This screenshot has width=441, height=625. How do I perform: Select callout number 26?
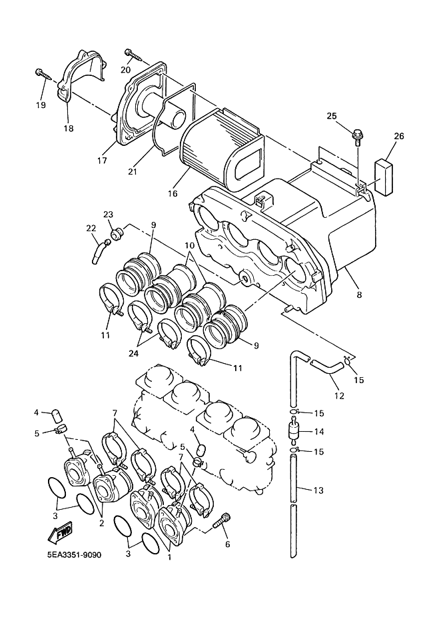(398, 136)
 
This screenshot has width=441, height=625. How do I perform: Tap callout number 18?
(69, 128)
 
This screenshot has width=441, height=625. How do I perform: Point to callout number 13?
(318, 491)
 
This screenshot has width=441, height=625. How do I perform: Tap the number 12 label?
(338, 395)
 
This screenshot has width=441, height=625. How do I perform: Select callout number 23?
(108, 214)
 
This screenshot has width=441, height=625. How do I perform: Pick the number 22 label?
(91, 229)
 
